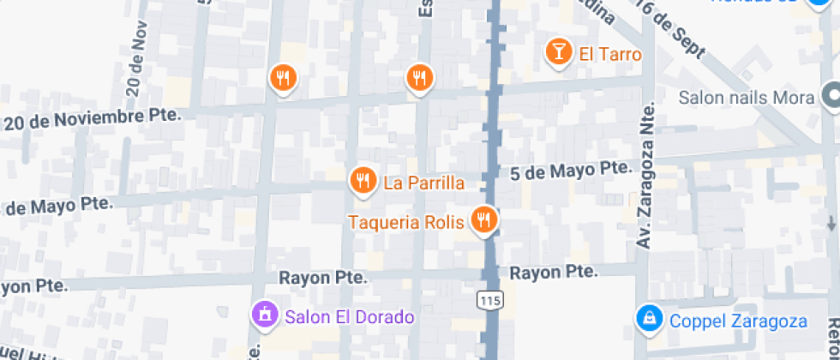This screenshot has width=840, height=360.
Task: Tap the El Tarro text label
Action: pos(610,54)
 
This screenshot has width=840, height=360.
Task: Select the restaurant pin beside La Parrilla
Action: pos(363,180)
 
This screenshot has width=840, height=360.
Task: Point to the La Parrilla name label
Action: pos(423,183)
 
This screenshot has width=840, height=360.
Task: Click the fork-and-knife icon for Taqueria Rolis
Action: pos(484,219)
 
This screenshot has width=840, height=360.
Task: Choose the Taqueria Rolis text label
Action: pos(406,222)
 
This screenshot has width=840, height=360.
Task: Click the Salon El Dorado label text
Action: pos(350,317)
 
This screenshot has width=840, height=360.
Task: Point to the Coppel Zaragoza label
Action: pos(736,321)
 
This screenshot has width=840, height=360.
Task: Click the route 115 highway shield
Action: pos(489,299)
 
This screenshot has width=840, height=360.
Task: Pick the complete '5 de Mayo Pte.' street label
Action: pos(569,170)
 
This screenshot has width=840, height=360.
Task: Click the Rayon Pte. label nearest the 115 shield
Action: pos(553,273)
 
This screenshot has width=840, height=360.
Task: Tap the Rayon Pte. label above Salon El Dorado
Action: pos(323,278)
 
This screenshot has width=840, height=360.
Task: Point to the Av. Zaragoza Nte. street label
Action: pos(645,175)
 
